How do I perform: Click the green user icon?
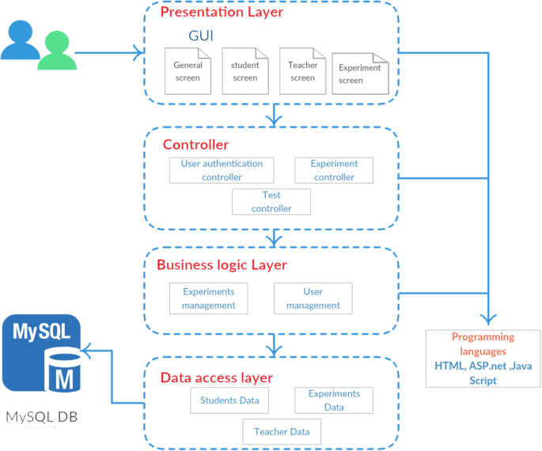click(x=57, y=51)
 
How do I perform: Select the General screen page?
click(x=188, y=71)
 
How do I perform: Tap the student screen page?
click(x=245, y=71)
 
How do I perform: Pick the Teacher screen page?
click(x=303, y=71)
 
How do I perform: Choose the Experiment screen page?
click(x=360, y=74)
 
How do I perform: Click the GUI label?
click(x=201, y=36)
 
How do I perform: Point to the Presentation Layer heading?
click(x=222, y=12)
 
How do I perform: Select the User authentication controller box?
click(x=222, y=170)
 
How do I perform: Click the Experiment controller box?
click(x=334, y=170)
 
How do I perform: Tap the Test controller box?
click(x=271, y=202)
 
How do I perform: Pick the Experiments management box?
click(x=208, y=298)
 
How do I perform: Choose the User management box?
click(x=313, y=298)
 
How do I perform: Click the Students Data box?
click(x=229, y=400)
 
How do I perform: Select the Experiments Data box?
click(x=334, y=400)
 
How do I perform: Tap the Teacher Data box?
click(x=282, y=432)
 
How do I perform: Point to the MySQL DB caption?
click(x=42, y=417)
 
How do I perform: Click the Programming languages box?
click(x=483, y=358)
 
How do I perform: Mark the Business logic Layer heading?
click(x=222, y=265)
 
